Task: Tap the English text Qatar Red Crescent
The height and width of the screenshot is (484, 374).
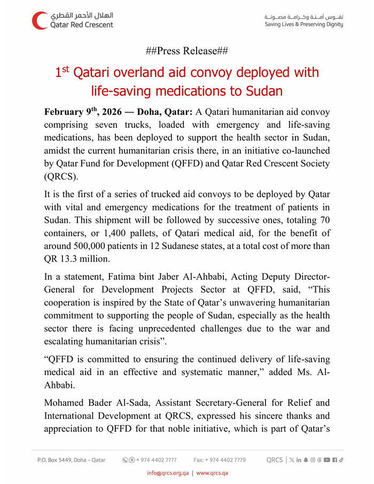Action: tap(81, 25)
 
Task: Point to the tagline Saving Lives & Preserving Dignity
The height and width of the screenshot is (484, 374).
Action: tap(304, 25)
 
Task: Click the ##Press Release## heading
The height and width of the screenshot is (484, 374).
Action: tap(186, 51)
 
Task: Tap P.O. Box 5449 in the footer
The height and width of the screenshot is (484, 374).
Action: tap(58, 460)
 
